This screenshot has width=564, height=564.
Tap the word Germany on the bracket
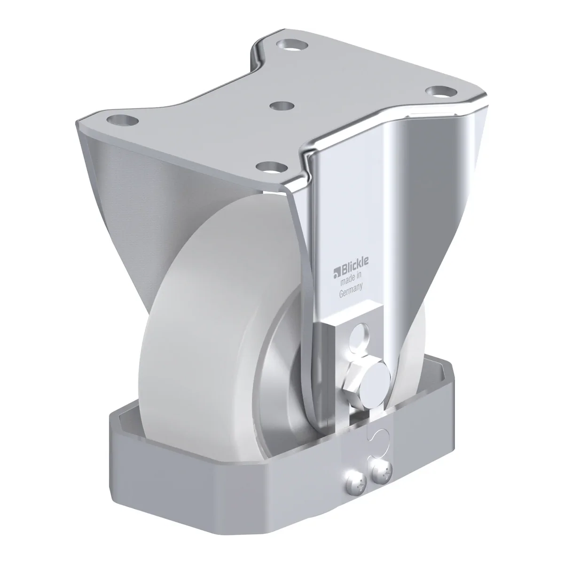point(351,290)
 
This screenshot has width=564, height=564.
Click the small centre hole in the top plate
point(282,106)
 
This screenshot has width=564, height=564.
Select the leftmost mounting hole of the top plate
point(122,120)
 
